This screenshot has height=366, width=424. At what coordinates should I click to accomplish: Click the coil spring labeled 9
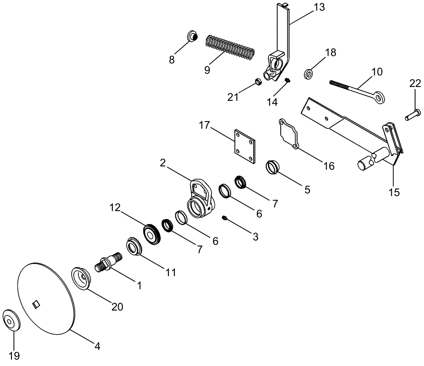230,47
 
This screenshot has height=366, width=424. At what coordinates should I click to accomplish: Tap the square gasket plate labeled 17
246,146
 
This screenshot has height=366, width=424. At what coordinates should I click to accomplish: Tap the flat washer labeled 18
309,74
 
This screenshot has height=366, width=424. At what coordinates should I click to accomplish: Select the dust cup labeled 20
82,278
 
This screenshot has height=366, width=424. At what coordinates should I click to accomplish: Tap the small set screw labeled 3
225,218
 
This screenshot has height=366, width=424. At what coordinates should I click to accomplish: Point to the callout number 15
394,192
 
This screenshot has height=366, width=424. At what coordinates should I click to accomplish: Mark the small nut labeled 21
257,81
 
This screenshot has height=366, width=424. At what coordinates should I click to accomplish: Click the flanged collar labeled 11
134,247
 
